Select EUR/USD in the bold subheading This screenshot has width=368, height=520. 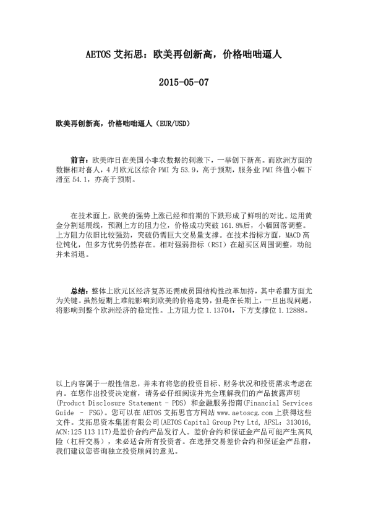click(x=173, y=124)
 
